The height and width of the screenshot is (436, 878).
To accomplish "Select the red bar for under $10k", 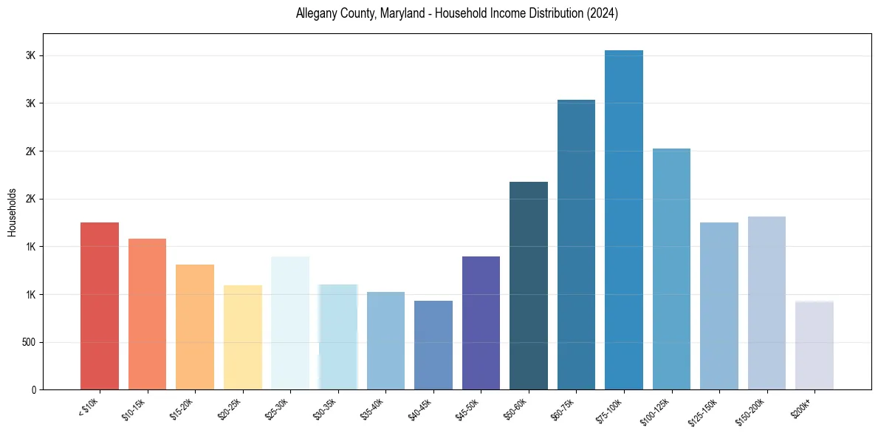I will (x=100, y=306).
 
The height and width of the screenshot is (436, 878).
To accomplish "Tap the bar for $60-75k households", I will (x=576, y=245).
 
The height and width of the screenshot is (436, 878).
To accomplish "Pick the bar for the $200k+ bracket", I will (x=814, y=345).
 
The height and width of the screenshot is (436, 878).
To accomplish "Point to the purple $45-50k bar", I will (x=481, y=323).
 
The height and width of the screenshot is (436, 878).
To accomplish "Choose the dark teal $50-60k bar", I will (x=529, y=285).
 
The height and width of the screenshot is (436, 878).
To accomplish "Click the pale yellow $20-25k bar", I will (x=242, y=337).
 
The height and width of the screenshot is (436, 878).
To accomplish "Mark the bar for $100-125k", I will (x=671, y=269).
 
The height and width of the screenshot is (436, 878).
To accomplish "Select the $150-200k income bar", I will (x=766, y=303).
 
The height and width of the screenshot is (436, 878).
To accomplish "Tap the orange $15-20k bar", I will (x=195, y=327).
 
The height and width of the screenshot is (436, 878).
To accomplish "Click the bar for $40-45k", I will (x=433, y=345).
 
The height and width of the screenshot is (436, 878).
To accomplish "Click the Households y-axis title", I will (x=13, y=212).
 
